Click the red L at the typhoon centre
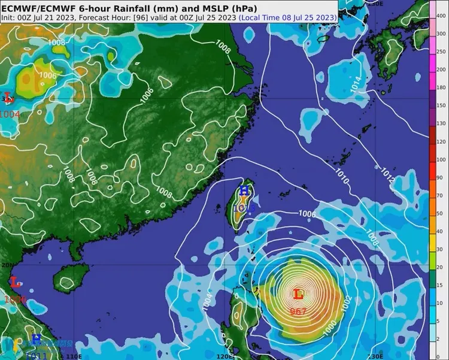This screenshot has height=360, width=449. pos(298,294)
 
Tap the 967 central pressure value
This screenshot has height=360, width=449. pos(298,311)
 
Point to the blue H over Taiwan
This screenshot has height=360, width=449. pos(244,190)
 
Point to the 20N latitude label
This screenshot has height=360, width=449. pos(7,264)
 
